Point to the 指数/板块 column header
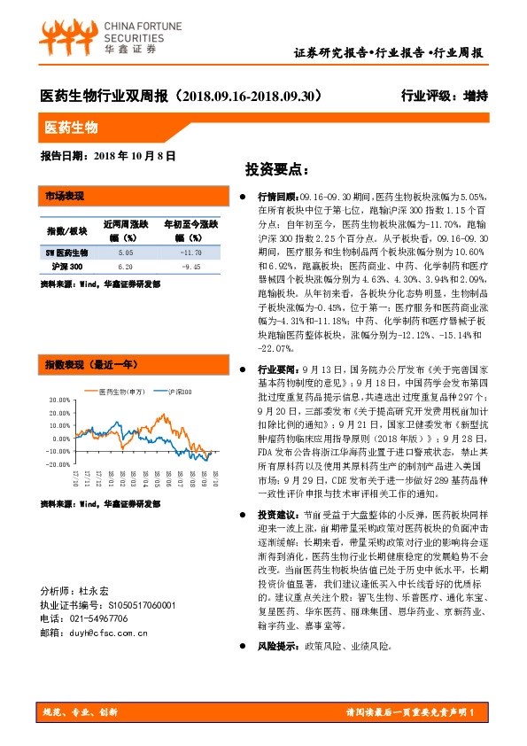(x=66, y=231)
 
